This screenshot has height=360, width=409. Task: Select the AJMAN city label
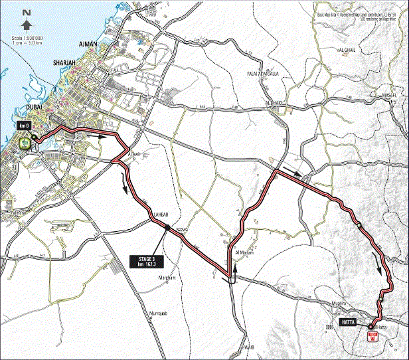[88, 44]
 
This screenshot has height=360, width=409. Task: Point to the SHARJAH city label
[67, 64]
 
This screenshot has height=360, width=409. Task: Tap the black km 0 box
[25, 124]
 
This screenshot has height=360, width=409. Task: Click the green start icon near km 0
[25, 142]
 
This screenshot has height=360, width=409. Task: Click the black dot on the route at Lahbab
[168, 228]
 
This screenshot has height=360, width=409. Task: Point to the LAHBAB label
[163, 215]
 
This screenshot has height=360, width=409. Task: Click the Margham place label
[166, 278]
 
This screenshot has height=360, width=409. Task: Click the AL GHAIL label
[348, 50]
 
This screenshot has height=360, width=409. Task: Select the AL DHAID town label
[274, 103]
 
